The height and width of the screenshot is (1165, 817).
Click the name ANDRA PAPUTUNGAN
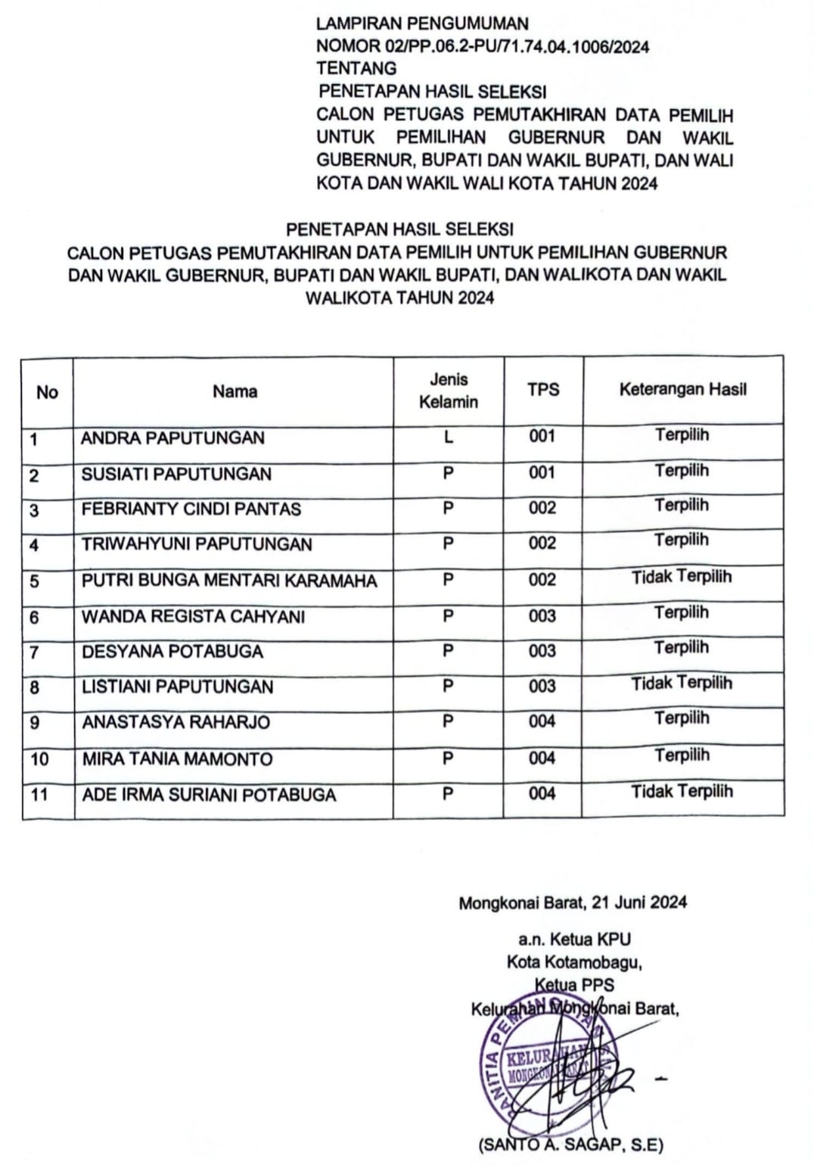[x=172, y=438]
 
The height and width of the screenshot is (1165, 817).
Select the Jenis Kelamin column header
[x=449, y=391]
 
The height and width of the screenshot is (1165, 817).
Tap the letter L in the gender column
[x=449, y=437]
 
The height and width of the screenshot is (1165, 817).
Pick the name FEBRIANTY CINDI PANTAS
[x=191, y=509]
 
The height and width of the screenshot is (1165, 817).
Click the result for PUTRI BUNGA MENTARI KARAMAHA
[x=682, y=577]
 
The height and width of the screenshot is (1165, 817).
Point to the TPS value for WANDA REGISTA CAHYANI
[x=542, y=615]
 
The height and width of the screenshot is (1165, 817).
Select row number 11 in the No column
[x=39, y=794]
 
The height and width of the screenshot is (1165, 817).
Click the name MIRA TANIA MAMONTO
[x=177, y=758]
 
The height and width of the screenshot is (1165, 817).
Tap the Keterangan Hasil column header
[x=682, y=390]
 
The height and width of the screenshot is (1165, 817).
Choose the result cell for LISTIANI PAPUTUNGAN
[x=682, y=684]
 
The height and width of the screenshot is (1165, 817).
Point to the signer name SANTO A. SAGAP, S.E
[x=570, y=1145]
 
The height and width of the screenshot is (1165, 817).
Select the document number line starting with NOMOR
[x=482, y=47]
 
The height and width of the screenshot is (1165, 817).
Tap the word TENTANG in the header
[x=356, y=69]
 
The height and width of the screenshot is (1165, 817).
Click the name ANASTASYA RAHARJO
[x=176, y=722]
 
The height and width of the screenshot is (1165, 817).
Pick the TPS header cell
[x=543, y=390]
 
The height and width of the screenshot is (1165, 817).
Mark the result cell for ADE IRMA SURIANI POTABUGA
[x=682, y=792]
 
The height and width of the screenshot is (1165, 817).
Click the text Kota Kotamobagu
[x=574, y=962]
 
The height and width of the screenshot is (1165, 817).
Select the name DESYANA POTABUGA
[x=172, y=652]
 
